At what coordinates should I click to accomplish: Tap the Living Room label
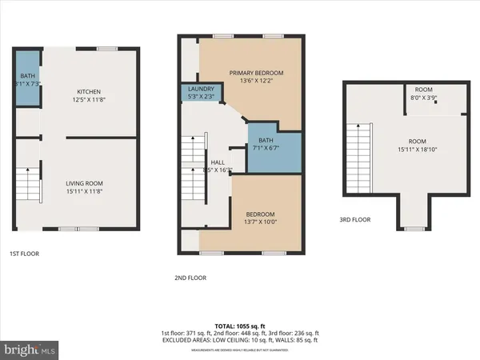coord(84,183)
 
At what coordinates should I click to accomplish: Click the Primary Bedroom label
coord(251,73)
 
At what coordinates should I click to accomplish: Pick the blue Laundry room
coord(195,93)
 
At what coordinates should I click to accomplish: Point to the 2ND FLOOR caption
coord(190,278)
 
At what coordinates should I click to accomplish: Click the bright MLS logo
coord(30,350)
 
